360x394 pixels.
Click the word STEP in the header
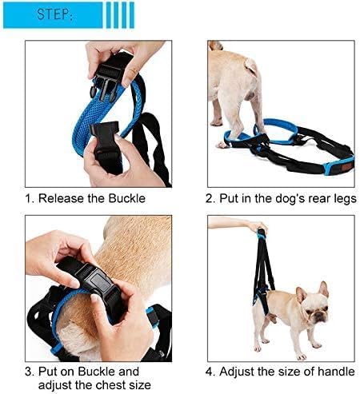51,14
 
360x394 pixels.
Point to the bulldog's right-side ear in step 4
323,288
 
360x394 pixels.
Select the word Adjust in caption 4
242,372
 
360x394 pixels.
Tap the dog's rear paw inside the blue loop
224,143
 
